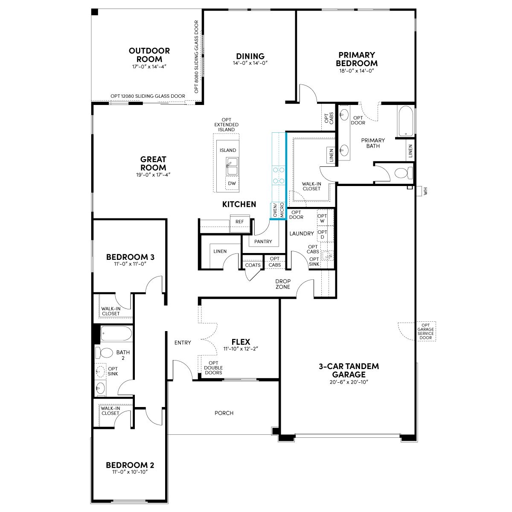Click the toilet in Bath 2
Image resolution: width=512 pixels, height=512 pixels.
point(104,352)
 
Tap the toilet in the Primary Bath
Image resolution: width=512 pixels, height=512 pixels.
point(404,173)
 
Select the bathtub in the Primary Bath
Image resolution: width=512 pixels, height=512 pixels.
point(405,121)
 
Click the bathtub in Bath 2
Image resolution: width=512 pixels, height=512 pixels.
point(116,334)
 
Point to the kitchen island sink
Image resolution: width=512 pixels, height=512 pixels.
point(232,166)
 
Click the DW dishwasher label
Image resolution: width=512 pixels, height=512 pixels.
point(232,183)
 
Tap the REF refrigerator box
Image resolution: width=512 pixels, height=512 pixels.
point(240,221)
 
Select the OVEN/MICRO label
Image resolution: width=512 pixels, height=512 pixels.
point(278,210)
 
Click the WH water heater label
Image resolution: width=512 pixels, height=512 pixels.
point(426,191)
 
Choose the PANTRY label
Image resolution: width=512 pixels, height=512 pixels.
point(263,241)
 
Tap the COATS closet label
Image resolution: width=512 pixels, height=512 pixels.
point(253,265)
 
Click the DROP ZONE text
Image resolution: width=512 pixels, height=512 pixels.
point(283,284)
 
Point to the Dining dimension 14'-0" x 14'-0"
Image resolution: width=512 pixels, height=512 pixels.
point(250,63)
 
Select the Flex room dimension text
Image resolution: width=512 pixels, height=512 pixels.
point(241,349)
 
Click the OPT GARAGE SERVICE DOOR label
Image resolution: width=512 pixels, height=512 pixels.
point(426,332)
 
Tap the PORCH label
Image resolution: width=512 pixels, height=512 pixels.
point(224,413)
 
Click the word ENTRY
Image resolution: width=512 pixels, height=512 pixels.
point(183,343)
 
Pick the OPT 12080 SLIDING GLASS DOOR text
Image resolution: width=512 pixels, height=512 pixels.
point(148,96)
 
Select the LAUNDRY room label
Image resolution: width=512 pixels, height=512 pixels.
point(302,233)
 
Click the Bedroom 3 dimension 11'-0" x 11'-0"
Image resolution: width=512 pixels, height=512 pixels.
point(130,264)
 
